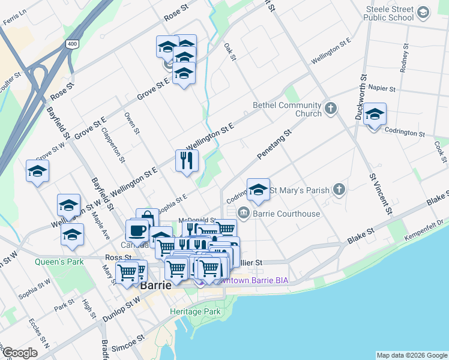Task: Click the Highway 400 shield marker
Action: click(73, 44)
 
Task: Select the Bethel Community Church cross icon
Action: click(330, 109)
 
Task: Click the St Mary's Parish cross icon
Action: click(339, 190)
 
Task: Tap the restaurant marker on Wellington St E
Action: click(187, 160)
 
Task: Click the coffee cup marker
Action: click(137, 230)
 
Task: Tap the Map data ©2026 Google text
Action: click(411, 355)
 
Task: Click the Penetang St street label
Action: click(274, 144)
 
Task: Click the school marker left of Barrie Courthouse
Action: click(258, 190)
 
